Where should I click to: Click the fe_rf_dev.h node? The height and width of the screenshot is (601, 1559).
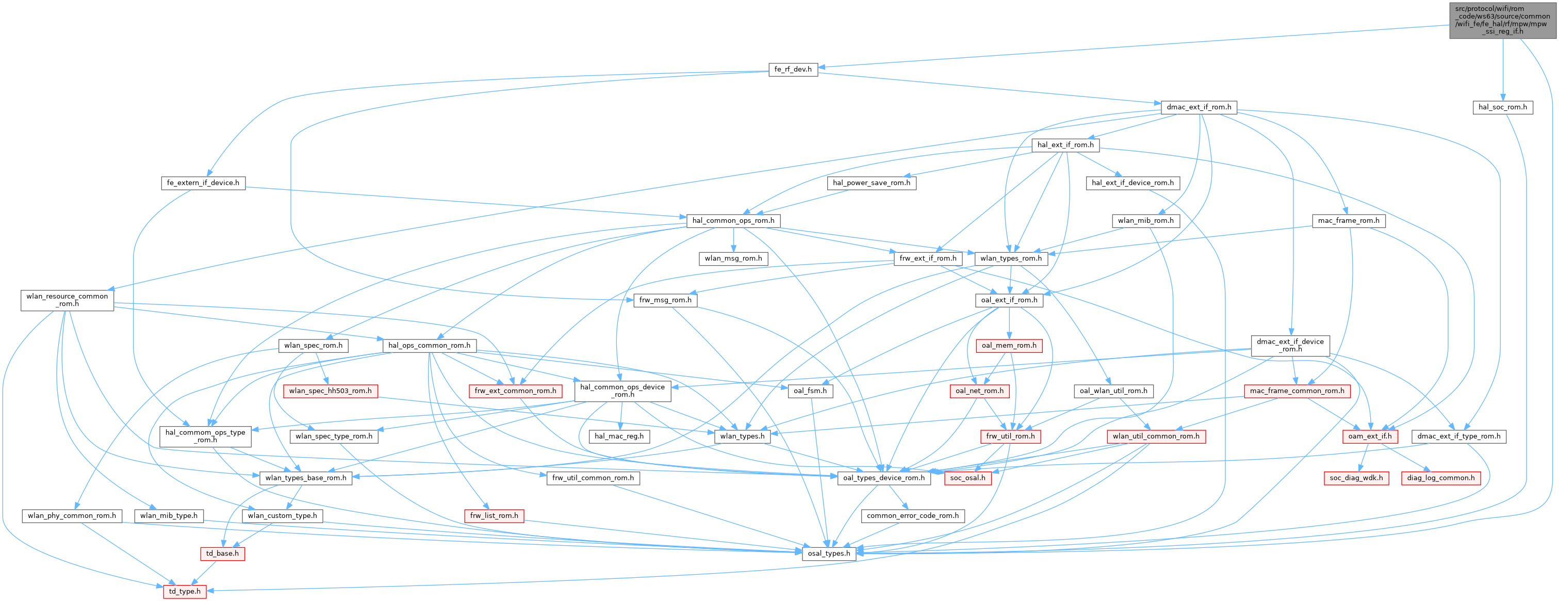click(793, 69)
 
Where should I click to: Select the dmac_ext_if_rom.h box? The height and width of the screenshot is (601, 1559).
click(1199, 107)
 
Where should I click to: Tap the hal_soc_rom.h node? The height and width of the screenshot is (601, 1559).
click(1502, 107)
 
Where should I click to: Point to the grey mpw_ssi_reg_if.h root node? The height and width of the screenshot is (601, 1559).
click(1503, 20)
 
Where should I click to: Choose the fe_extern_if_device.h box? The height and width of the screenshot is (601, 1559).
click(203, 183)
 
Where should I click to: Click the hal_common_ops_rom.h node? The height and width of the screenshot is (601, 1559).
click(733, 220)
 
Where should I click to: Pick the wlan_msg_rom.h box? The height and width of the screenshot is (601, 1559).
click(733, 258)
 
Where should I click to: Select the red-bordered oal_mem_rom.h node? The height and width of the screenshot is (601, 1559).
click(1008, 346)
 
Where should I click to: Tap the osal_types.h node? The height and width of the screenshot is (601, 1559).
click(829, 553)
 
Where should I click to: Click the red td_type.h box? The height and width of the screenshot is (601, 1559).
click(185, 591)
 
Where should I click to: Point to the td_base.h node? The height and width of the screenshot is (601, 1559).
click(222, 553)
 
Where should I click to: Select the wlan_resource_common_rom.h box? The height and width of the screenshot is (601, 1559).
click(67, 300)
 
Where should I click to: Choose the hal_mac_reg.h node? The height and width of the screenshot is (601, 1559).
click(619, 436)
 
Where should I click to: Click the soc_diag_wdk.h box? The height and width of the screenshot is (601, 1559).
click(1356, 478)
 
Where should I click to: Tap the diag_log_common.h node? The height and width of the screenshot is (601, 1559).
click(1440, 478)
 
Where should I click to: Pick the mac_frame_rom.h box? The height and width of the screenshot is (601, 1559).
click(1349, 220)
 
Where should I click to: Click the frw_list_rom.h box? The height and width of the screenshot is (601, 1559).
click(494, 516)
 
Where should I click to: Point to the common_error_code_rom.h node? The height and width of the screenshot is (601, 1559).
click(913, 516)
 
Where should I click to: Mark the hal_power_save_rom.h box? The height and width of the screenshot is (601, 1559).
click(871, 183)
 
